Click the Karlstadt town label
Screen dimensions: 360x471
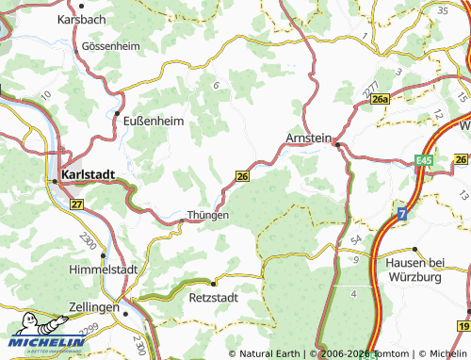89,175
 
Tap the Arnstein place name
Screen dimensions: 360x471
308,139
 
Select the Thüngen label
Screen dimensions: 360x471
208,215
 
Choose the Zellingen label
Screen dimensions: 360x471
93,307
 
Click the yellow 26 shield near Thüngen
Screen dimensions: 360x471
242,176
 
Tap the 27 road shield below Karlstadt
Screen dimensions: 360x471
76,204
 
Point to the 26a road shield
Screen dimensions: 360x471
380,100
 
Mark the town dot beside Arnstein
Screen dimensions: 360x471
336,144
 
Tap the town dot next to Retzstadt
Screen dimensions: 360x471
214,282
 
